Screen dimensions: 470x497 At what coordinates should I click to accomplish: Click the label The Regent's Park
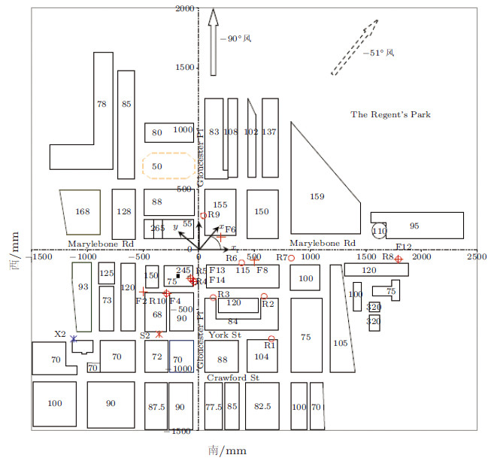tap(390, 114)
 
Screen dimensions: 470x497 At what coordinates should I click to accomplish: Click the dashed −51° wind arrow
tap(353, 48)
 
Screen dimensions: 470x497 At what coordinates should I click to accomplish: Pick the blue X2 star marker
tap(73, 339)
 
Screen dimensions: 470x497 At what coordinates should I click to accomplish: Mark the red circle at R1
tap(271, 338)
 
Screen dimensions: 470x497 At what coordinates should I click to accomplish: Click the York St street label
tap(225, 335)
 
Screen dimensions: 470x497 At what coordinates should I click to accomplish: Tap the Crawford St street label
tap(233, 378)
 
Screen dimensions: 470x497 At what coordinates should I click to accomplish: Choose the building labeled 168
tap(82, 212)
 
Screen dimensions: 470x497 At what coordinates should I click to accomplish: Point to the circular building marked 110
tap(380, 230)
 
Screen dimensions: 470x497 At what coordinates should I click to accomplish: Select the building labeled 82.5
tap(262, 406)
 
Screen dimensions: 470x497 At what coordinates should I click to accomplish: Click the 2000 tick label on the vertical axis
tap(184, 9)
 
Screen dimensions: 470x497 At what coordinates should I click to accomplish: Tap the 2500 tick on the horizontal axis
tap(476, 257)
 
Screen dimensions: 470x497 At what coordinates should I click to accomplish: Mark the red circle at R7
tap(291, 258)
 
